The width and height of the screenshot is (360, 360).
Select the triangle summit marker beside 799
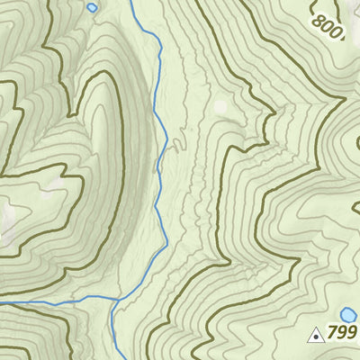[316, 337]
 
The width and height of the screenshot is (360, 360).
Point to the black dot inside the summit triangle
[316, 338]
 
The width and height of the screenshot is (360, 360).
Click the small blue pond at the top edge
[92, 7]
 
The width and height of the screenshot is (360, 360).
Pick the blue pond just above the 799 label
[348, 315]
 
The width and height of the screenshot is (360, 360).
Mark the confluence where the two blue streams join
[114, 299]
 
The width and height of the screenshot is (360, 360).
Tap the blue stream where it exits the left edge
[2, 305]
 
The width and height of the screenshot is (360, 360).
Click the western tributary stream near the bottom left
[54, 302]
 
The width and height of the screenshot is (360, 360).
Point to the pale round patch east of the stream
[220, 106]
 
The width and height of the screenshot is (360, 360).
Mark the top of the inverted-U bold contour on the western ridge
[103, 77]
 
